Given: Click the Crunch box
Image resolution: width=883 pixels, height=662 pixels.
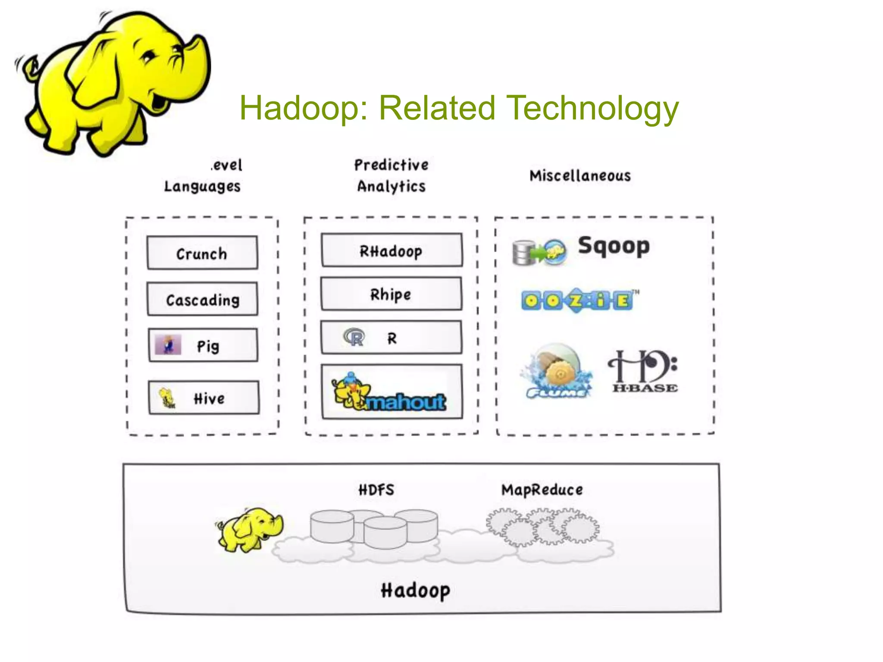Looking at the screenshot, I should tap(202, 253).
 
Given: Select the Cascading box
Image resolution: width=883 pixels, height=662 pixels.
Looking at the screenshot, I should tap(202, 299).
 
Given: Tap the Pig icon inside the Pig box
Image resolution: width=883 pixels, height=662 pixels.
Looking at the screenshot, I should tap(168, 345).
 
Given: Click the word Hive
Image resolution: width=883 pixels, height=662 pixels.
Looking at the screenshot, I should tap(209, 399).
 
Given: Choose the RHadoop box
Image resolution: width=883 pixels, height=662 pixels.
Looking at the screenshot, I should tap(391, 250).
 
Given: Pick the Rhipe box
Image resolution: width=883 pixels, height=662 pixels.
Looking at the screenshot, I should tap(391, 294).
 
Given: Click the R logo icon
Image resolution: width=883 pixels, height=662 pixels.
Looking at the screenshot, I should tap(354, 337).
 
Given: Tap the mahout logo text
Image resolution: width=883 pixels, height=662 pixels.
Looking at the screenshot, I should tap(406, 402).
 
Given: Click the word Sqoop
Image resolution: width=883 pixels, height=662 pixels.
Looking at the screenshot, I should tap(614, 247).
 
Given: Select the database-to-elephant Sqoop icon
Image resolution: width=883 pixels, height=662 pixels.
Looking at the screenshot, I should tap(539, 253).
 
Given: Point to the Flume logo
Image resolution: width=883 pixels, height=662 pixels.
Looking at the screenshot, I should tap(557, 371).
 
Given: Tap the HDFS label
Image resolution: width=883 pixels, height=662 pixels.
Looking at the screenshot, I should tap(376, 490).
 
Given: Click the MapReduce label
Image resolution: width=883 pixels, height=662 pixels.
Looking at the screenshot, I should tap(542, 490).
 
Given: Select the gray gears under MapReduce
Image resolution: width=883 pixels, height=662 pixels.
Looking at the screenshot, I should tap(542, 527).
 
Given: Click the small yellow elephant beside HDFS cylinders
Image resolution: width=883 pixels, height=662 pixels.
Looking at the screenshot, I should tap(250, 529).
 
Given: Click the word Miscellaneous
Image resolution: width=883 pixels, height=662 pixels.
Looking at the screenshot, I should tap(580, 176).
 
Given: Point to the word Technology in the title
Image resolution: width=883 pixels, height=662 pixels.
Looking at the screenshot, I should tap(592, 109).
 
